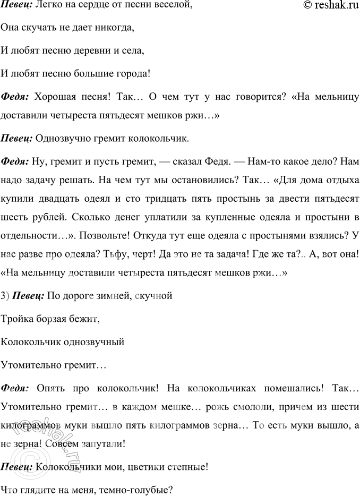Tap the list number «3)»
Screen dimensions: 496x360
click(x=5, y=295)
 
